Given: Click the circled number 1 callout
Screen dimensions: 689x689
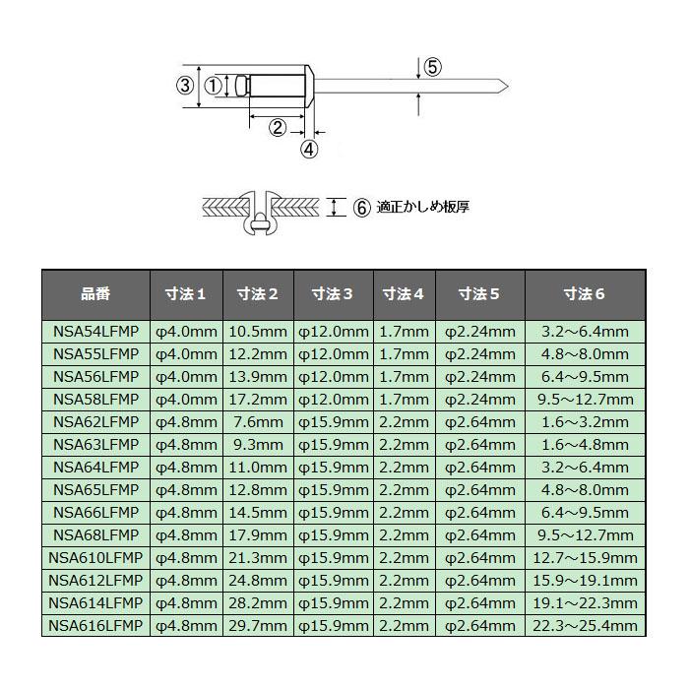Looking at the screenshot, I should coord(214,86).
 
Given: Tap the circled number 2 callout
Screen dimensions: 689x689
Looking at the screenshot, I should coord(278,126).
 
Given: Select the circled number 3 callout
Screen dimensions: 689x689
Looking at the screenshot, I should coord(184,86).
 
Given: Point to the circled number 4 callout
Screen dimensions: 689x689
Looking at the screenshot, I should coord(309,150).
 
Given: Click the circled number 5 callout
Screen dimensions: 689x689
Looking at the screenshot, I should coord(433,67).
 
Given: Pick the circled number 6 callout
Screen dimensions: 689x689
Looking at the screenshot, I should coord(361,207).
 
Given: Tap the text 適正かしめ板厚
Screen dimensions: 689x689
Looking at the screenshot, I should coord(423,207).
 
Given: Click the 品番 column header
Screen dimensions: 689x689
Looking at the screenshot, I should coord(95,293).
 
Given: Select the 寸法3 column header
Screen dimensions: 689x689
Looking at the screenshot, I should coord(334,293).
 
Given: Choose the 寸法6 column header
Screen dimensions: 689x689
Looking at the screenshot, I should coord(585,293).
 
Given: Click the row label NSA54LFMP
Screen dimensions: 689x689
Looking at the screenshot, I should coord(95,332).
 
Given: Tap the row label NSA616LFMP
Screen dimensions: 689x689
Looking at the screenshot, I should coord(95,626).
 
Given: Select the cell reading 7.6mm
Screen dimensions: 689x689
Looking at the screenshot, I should coord(258,422).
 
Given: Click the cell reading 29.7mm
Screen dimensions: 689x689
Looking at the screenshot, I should coord(258,626).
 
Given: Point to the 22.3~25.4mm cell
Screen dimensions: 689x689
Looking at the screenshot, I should coord(585,626).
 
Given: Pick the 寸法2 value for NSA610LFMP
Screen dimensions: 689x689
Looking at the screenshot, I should coord(258,558).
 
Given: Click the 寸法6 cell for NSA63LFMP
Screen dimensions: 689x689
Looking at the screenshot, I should coord(585,445).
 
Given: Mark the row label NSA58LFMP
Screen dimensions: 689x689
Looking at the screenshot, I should coord(95,400).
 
